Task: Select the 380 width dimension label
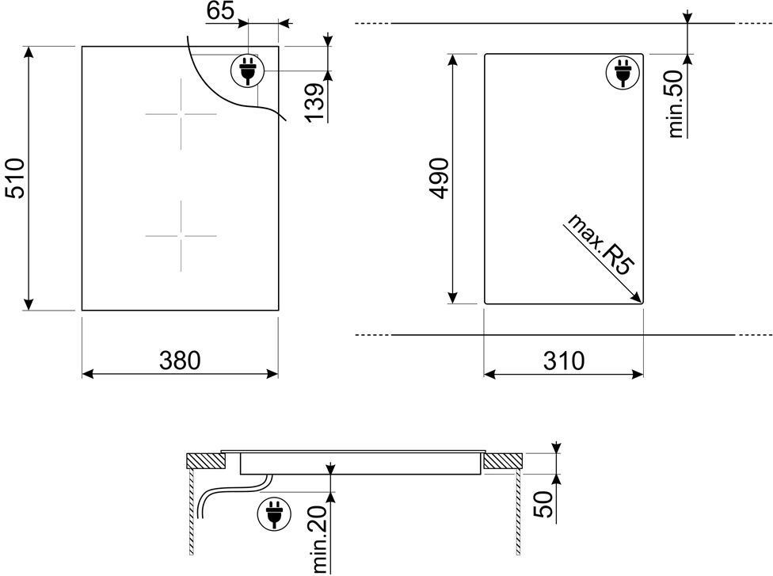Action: click(180, 360)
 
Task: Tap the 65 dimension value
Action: click(220, 10)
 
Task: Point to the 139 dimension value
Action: click(314, 103)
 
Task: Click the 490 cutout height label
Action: click(438, 178)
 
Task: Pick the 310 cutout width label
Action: click(564, 360)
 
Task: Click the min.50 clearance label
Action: click(676, 104)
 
